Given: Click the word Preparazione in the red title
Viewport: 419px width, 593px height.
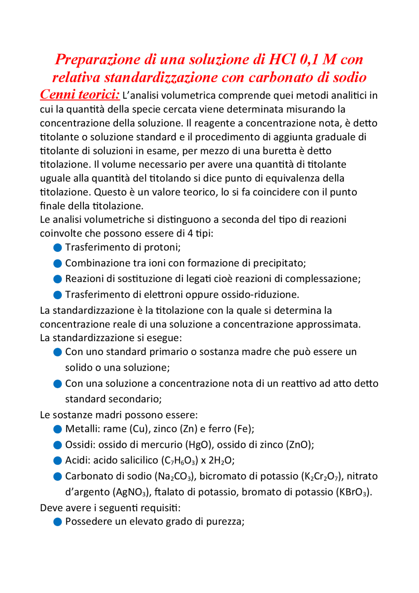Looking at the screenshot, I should [x=98, y=60].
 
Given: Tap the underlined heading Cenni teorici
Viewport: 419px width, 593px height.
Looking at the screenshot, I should [x=80, y=95].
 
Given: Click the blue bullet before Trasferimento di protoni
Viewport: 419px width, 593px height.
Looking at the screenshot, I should [x=58, y=248].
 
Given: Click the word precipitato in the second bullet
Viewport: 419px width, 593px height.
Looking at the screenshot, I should [x=279, y=263].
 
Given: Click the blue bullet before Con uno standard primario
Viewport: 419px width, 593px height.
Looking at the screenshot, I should [x=58, y=352].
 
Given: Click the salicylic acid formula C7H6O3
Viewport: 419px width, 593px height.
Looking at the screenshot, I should [x=180, y=461].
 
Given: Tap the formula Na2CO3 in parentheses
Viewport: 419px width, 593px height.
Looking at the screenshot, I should [x=175, y=476].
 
